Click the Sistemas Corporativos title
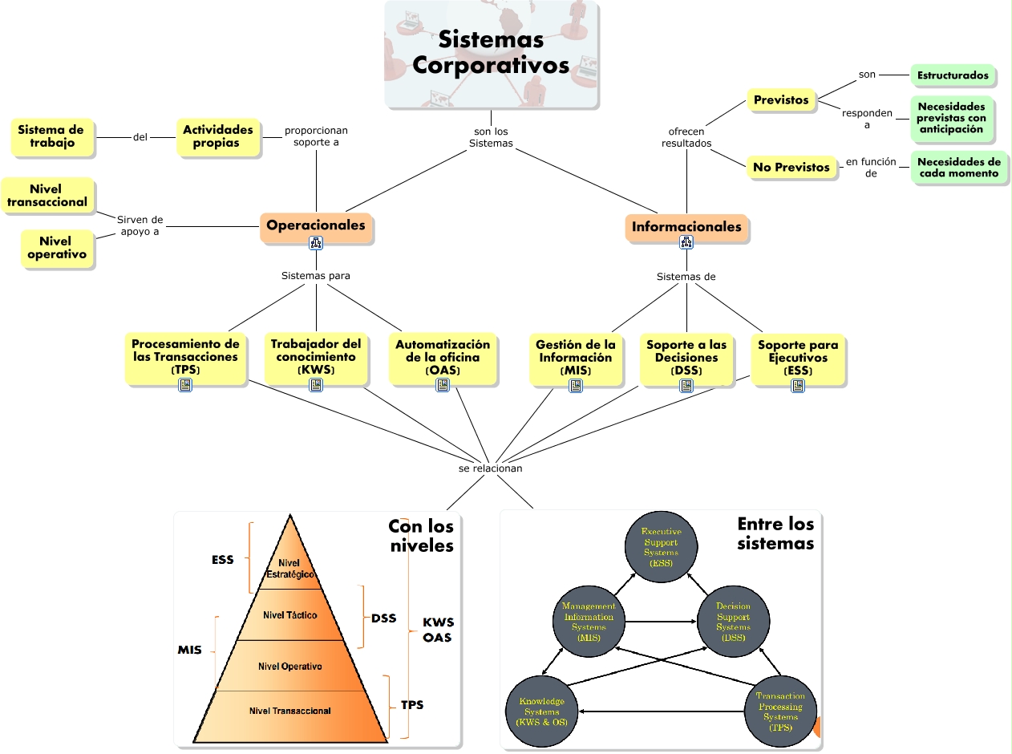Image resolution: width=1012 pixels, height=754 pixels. [491, 52]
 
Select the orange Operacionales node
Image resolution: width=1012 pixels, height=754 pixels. [316, 225]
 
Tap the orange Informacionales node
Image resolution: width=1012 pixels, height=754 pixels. [686, 227]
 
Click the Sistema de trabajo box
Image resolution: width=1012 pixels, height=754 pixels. [51, 136]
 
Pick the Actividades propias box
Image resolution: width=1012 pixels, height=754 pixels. [217, 136]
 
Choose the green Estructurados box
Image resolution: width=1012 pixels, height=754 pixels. [953, 75]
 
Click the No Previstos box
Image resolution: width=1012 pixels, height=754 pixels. [791, 168]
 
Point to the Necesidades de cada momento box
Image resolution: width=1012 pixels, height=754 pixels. [959, 168]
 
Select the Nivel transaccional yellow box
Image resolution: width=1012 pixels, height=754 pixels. [47, 196]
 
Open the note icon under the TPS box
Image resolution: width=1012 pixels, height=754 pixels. [185, 385]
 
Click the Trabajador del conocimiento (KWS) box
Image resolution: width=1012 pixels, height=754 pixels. [316, 357]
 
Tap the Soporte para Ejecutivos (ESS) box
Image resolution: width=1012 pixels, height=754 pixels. [797, 358]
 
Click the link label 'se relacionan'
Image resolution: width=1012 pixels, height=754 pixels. [490, 468]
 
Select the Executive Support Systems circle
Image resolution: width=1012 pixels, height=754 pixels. [661, 548]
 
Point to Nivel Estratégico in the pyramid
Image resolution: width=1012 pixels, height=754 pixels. [289, 569]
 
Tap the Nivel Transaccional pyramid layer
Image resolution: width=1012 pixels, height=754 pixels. [289, 711]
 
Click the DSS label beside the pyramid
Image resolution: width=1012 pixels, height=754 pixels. [383, 618]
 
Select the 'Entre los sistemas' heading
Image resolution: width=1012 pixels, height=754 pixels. [775, 533]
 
